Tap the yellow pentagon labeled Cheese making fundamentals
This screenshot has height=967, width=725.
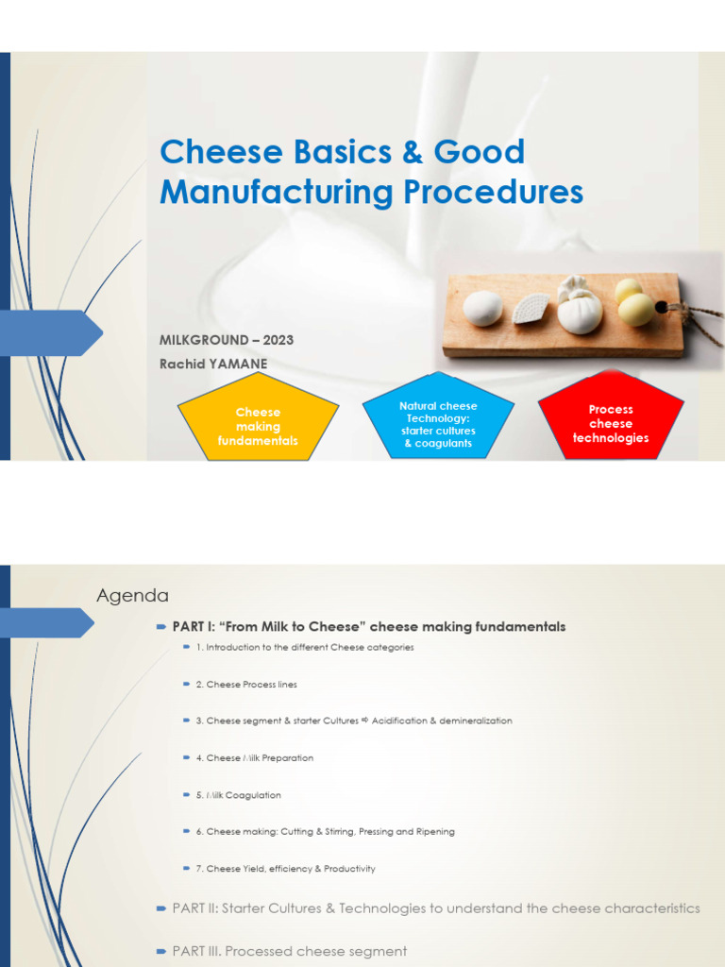point(258,426)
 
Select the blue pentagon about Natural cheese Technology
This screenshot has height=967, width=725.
point(438,424)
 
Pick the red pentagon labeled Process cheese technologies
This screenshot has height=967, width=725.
point(611,423)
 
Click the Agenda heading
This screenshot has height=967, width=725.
point(133,596)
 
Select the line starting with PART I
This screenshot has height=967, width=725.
point(368,627)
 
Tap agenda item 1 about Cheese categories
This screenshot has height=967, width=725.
point(304,648)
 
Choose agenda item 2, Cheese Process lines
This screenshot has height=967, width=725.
point(245,685)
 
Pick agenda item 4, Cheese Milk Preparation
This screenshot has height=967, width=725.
point(254,758)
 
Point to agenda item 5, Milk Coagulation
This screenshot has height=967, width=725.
point(238,795)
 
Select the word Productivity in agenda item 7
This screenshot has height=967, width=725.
point(348,869)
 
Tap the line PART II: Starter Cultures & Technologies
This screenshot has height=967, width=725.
point(435,908)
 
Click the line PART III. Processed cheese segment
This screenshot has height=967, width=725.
point(289,951)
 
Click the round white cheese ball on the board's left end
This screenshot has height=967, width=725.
point(482,309)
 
